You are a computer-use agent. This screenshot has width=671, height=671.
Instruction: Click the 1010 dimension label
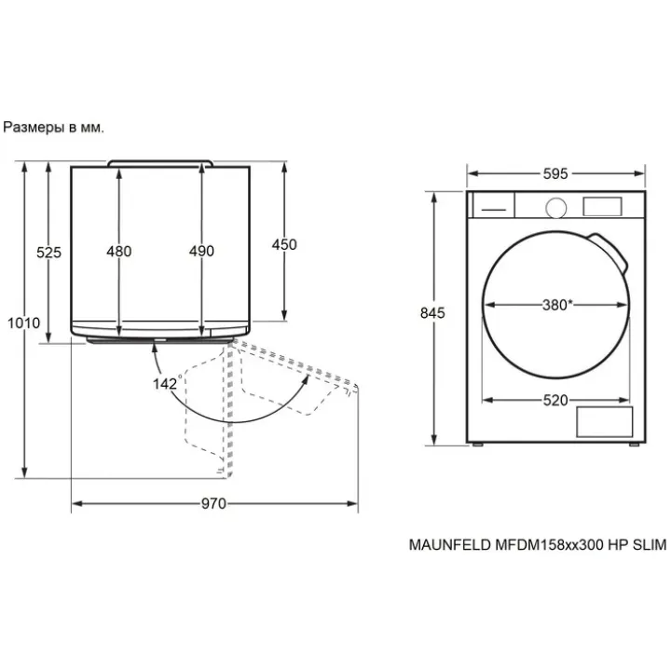pyautogui.click(x=24, y=322)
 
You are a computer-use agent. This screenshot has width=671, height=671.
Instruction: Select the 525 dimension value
pyautogui.click(x=48, y=253)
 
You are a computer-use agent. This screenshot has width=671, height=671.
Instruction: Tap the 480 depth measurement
pyautogui.click(x=119, y=252)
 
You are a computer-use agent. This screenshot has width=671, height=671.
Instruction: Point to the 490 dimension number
pyautogui.click(x=201, y=251)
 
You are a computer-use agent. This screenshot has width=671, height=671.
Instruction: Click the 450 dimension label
pyautogui.click(x=284, y=244)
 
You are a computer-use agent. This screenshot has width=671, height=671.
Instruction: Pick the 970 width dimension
pyautogui.click(x=213, y=503)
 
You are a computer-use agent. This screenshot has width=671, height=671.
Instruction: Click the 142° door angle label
pyautogui.click(x=167, y=383)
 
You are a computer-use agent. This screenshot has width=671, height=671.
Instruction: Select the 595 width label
pyautogui.click(x=555, y=173)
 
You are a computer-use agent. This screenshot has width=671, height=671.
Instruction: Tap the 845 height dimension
pyautogui.click(x=432, y=313)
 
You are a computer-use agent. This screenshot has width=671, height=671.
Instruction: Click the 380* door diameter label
pyautogui.click(x=557, y=305)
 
